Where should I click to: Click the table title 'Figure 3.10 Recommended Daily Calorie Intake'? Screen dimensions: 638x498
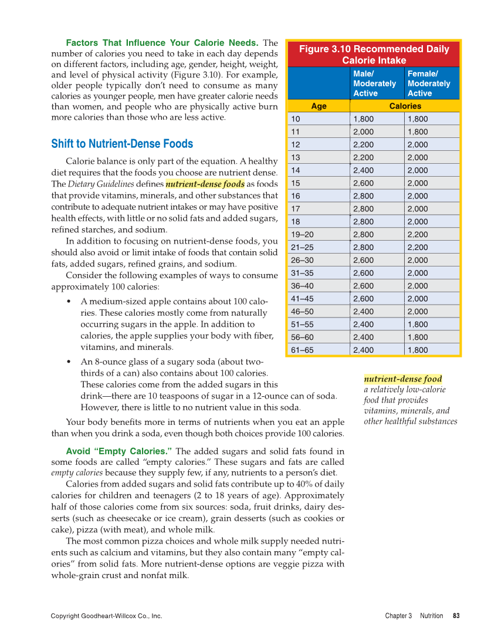click(x=374, y=55)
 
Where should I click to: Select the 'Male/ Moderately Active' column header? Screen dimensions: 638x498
click(x=374, y=83)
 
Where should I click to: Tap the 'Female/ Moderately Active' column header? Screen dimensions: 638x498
click(x=429, y=83)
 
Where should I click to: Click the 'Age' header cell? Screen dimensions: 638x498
click(x=319, y=106)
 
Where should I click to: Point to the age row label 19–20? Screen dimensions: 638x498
click(x=302, y=234)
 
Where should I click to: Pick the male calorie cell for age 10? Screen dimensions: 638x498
click(x=364, y=119)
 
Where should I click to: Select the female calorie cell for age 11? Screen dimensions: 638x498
click(x=418, y=132)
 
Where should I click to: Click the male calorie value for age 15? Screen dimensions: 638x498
click(x=364, y=183)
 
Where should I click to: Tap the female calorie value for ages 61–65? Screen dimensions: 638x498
click(x=418, y=350)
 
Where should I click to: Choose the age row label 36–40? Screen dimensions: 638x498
click(x=302, y=286)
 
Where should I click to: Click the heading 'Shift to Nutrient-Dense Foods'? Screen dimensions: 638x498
click(x=122, y=144)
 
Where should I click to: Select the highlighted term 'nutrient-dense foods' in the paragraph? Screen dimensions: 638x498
click(x=205, y=184)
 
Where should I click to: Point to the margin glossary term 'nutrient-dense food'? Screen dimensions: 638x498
click(x=403, y=379)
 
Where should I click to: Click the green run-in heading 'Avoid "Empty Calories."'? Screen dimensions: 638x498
click(x=119, y=451)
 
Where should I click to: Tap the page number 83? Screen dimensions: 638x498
click(x=456, y=616)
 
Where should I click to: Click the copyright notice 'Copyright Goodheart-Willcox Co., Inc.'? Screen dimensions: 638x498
click(x=106, y=616)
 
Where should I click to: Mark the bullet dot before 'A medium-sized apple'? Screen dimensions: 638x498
click(x=70, y=302)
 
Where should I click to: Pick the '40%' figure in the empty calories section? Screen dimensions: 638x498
click(x=311, y=484)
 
